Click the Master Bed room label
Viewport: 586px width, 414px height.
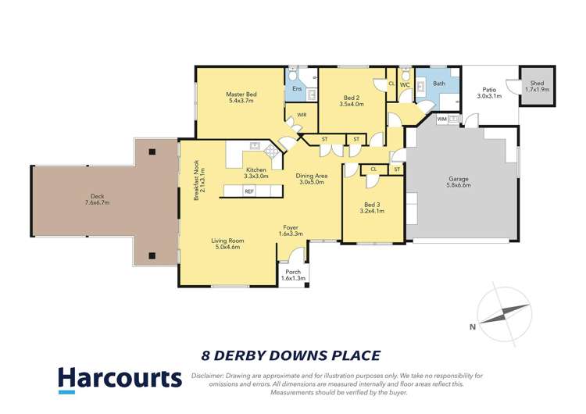click(x=241, y=94)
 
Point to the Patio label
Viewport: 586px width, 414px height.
click(x=488, y=89)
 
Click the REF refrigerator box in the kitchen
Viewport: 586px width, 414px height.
click(x=249, y=191)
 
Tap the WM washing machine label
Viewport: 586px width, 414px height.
click(x=441, y=120)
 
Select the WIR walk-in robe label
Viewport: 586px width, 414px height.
click(x=301, y=114)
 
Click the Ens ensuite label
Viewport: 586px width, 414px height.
click(x=297, y=89)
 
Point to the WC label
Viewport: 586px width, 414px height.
click(x=405, y=84)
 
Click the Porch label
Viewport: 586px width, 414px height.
click(x=292, y=271)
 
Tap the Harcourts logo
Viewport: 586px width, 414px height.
click(x=120, y=380)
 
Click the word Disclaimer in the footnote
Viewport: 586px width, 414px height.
click(x=211, y=375)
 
